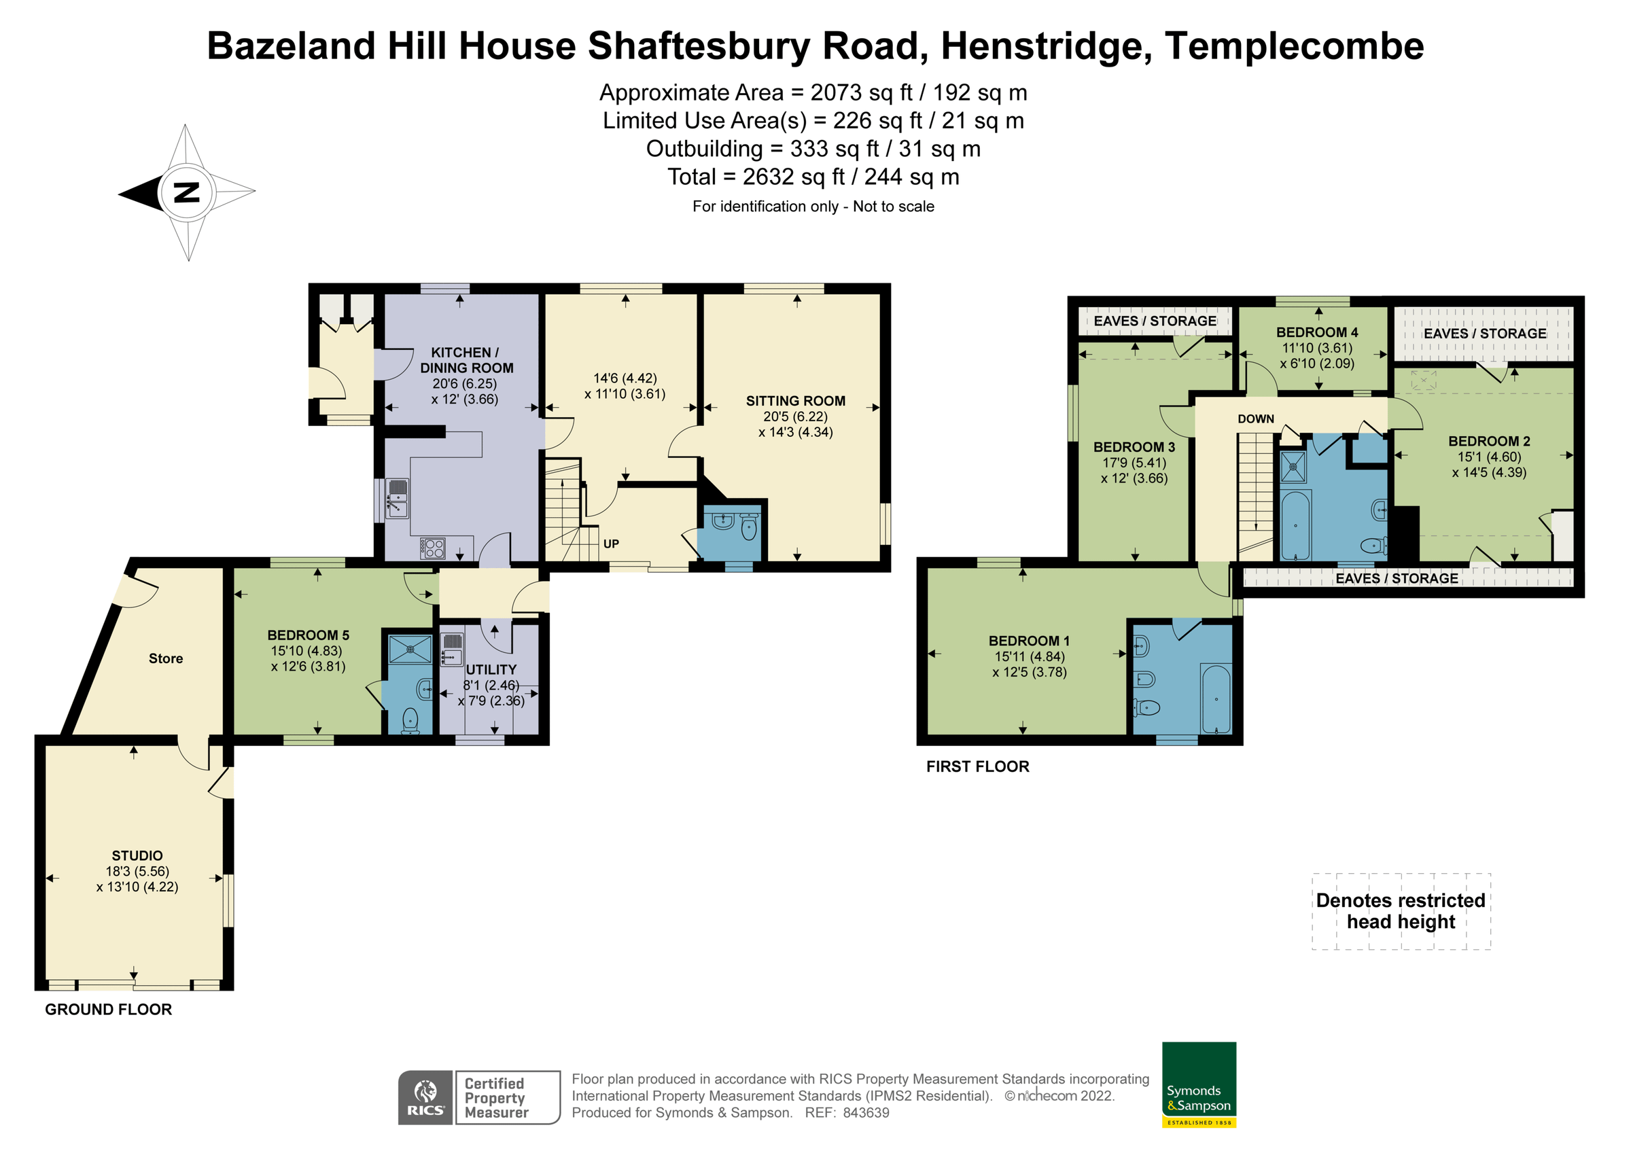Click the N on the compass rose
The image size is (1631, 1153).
pos(187,192)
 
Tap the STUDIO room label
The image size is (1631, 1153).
pos(137,855)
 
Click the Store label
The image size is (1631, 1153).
pos(166,658)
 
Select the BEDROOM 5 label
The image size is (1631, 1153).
pos(308,635)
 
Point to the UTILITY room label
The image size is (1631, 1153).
pos(491,669)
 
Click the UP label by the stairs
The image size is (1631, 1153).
pos(611,544)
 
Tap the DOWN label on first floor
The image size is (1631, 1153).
pos(1255,419)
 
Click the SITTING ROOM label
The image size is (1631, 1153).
pos(795,401)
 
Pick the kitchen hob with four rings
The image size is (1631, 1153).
pos(434,548)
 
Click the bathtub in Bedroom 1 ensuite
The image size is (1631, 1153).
pos(1216,699)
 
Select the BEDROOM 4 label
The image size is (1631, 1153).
pos(1316,332)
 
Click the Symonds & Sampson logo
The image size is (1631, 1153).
pos(1199,1084)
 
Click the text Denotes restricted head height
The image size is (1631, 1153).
pos(1400,910)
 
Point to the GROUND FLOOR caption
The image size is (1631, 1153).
pos(108,1010)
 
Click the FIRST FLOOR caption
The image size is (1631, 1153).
pos(977,766)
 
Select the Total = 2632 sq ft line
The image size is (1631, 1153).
pos(813,177)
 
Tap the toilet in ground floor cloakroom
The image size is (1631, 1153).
pos(749,529)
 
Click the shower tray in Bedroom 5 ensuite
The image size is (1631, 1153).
pos(410,650)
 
